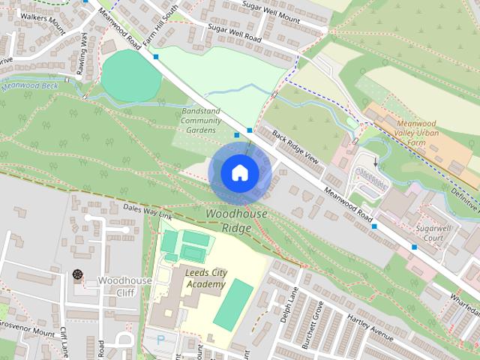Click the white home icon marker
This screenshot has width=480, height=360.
click(239, 173)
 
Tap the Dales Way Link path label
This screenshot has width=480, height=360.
click(147, 211)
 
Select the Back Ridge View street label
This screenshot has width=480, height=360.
click(296, 147)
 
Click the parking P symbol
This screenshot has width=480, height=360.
click(160, 340)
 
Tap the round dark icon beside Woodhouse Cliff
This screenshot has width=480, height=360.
click(77, 274)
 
